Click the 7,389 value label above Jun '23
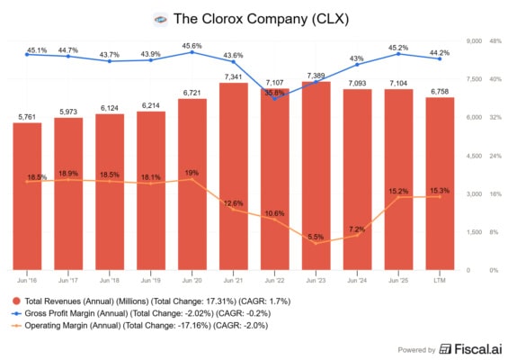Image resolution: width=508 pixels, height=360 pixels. coord(315,76)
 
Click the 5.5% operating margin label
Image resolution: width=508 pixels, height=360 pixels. coord(316,237)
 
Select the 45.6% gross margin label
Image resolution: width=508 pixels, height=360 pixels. coord(192,46)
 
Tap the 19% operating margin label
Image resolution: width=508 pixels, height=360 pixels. coord(192,172)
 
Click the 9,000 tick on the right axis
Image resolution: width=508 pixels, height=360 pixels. coord(474,41)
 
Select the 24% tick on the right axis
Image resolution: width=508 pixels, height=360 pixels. coord(493,156)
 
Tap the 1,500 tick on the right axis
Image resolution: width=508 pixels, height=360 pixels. coord(474,232)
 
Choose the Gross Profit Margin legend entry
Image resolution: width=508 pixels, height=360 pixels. coord(144,314)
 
